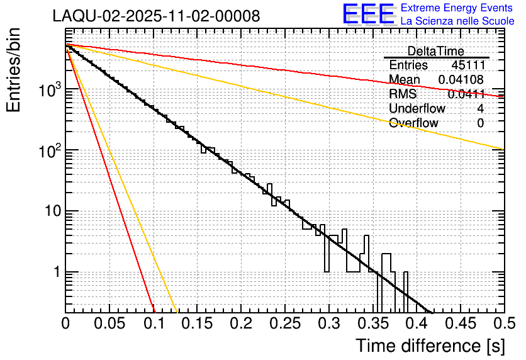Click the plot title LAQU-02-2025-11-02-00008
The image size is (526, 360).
(156, 16)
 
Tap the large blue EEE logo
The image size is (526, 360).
(368, 15)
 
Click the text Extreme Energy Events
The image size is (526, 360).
(457, 8)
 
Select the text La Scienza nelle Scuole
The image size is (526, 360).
(457, 21)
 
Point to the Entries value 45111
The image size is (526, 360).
(467, 65)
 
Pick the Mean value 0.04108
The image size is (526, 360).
(461, 80)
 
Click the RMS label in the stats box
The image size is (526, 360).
(402, 94)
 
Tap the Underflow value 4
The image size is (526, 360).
(480, 109)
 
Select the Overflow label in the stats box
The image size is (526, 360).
(413, 123)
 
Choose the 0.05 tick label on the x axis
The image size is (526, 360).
(109, 324)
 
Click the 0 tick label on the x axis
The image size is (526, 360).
(65, 324)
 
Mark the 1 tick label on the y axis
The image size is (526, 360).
(55, 273)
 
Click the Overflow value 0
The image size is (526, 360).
(480, 123)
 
